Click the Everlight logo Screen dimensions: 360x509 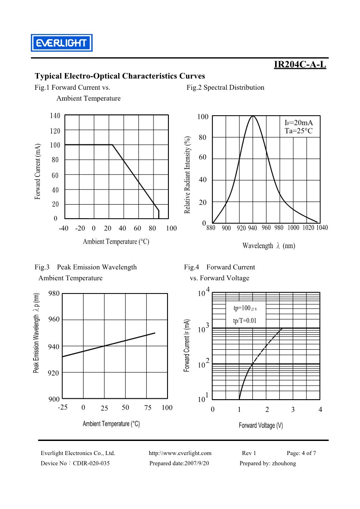pyautogui.click(x=62, y=43)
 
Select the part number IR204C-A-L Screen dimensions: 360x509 pyautogui.click(x=300, y=64)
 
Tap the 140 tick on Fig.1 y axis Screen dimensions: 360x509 pyautogui.click(x=55, y=116)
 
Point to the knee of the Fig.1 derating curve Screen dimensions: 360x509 pyautogui.click(x=113, y=145)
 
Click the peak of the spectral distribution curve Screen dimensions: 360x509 pyautogui.click(x=253, y=116)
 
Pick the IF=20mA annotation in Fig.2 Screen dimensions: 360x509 pyautogui.click(x=299, y=122)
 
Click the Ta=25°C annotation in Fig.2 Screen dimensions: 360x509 pyautogui.click(x=299, y=131)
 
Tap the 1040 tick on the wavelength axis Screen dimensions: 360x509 pyautogui.click(x=322, y=228)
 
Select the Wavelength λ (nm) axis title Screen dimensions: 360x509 pyautogui.click(x=269, y=246)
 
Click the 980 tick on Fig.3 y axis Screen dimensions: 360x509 pyautogui.click(x=54, y=294)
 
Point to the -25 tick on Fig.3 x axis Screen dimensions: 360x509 pyautogui.click(x=63, y=407)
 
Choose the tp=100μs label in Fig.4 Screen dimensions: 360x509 pyautogui.click(x=245, y=308)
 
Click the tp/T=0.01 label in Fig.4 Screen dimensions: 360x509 pyautogui.click(x=245, y=321)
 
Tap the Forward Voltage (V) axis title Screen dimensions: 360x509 pyautogui.click(x=261, y=425)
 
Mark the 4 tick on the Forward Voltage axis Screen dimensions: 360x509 pyautogui.click(x=321, y=410)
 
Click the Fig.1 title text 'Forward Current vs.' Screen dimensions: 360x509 pyautogui.click(x=81, y=87)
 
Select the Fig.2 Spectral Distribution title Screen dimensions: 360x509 pyautogui.click(x=226, y=87)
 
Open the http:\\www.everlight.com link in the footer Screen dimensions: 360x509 pyautogui.click(x=180, y=453)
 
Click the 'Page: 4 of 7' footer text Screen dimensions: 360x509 pyautogui.click(x=301, y=453)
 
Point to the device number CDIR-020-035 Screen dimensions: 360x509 pyautogui.click(x=91, y=463)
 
